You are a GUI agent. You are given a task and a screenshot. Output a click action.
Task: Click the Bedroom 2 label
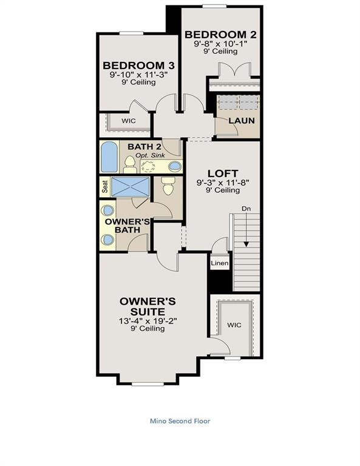[x=220, y=34]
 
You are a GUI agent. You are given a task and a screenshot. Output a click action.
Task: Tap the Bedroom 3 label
[x=134, y=65]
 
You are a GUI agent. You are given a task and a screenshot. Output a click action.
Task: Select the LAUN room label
[x=241, y=120]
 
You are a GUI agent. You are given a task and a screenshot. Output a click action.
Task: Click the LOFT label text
[x=223, y=172]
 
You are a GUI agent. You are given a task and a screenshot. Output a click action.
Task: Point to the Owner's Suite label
[x=148, y=306]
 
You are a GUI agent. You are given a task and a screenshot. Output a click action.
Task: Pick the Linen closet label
[x=220, y=264]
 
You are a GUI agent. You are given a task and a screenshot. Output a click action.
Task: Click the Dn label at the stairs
[x=246, y=209]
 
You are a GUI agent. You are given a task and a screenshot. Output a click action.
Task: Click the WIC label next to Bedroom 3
[x=128, y=121]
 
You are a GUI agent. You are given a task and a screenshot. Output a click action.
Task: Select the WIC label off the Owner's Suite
[x=234, y=325]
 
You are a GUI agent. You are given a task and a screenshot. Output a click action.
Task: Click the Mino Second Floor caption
[x=180, y=420]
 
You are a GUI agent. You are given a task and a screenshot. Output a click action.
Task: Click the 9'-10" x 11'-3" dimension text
[x=134, y=75]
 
